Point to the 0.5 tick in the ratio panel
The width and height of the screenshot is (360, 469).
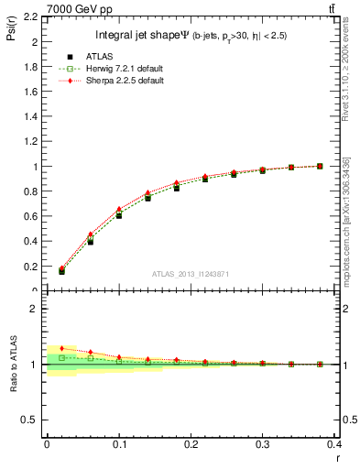point(30,420)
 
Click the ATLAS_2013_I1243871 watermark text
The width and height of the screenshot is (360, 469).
point(190,275)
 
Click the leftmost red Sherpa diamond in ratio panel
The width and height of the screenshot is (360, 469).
point(61,348)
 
